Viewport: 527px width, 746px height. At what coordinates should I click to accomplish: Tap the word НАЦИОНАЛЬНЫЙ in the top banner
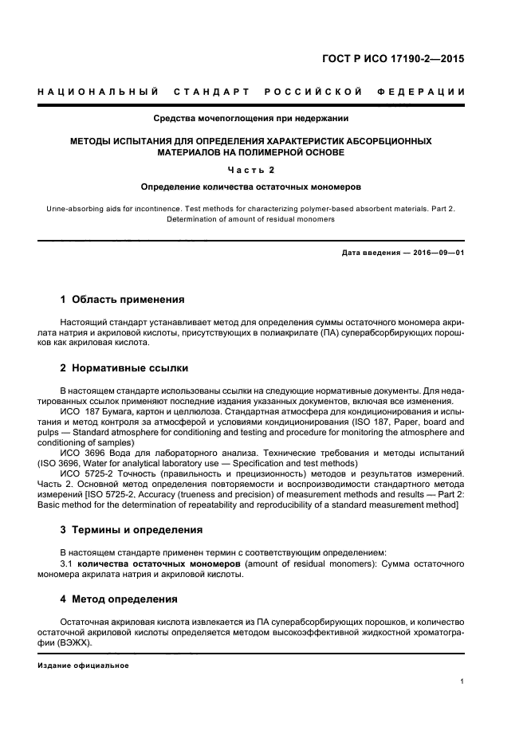tap(97, 92)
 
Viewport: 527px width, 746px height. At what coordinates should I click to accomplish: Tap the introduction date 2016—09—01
tap(436, 253)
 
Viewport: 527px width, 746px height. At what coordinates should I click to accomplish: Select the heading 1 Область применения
tap(123, 300)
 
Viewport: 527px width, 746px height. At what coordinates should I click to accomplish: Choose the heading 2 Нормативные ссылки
tap(126, 368)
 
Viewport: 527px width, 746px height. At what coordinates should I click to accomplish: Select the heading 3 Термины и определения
tap(132, 530)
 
